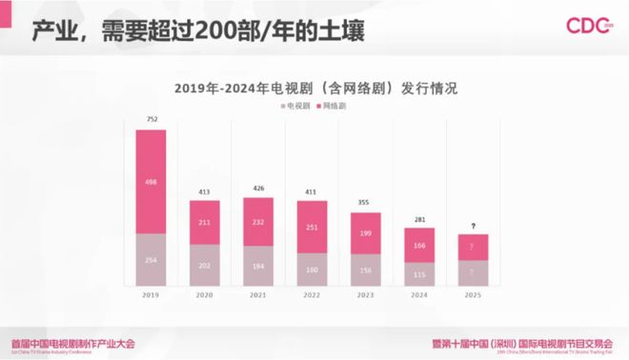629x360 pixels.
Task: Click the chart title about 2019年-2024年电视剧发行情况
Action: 315,88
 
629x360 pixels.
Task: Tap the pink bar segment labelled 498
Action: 151,182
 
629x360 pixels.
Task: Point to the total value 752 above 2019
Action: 151,120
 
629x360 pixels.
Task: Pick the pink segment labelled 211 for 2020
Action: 205,222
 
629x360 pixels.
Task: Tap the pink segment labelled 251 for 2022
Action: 313,227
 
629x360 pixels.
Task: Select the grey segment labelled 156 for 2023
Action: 367,270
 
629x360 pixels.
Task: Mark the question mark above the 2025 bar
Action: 475,226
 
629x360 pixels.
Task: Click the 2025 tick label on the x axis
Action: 475,297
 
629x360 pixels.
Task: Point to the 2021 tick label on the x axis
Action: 259,297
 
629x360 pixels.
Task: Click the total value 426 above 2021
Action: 259,189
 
